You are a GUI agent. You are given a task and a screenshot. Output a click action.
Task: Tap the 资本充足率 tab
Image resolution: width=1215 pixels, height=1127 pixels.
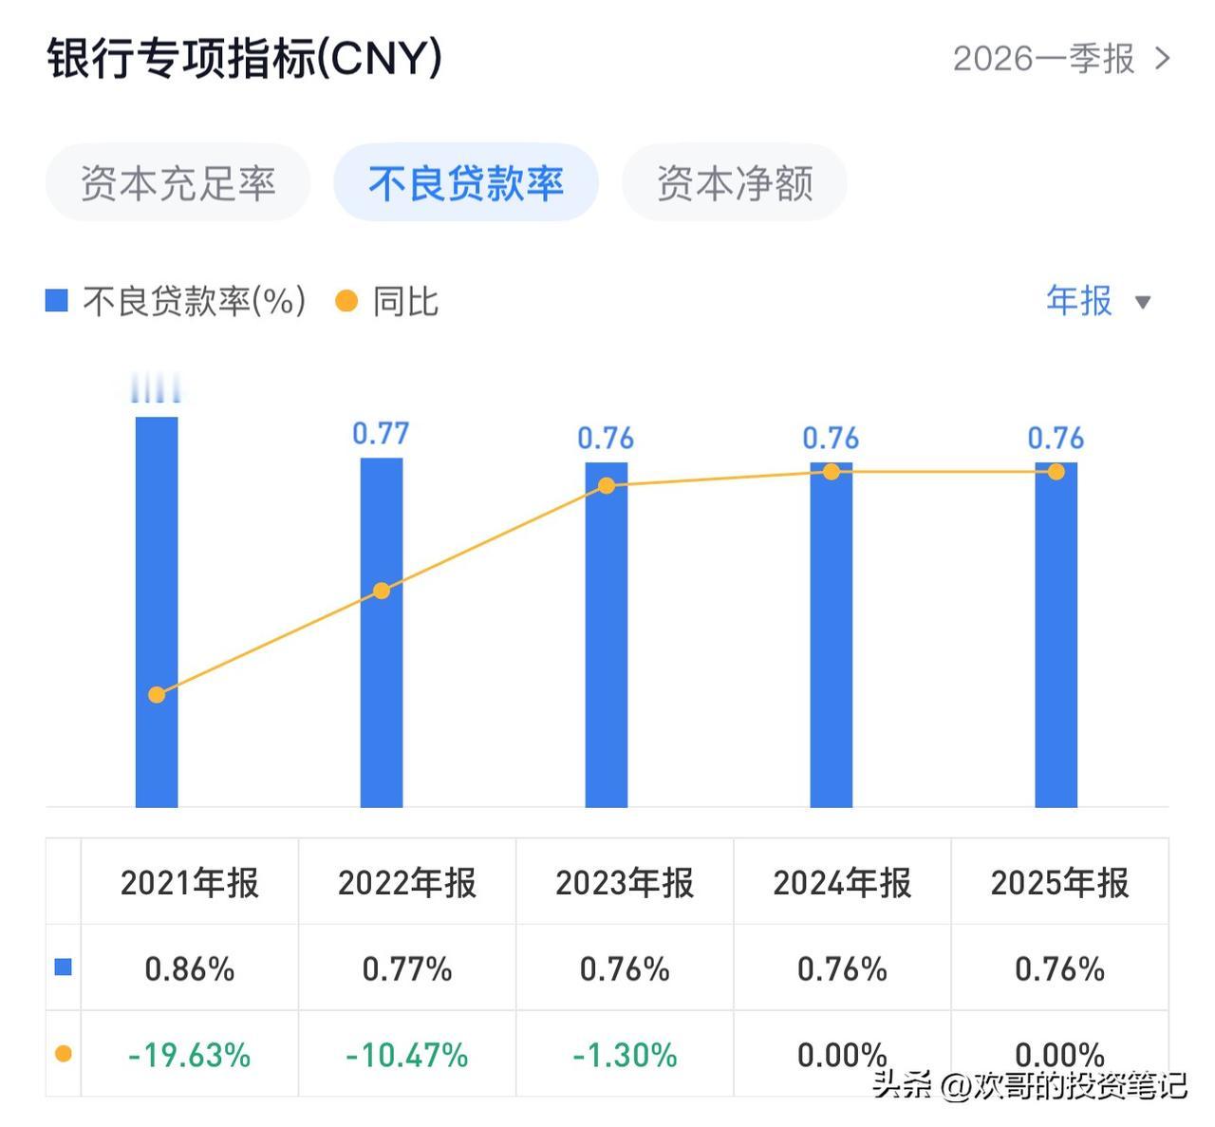(x=178, y=182)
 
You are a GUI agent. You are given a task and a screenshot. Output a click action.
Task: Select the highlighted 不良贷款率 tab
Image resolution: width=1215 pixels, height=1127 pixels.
(x=465, y=182)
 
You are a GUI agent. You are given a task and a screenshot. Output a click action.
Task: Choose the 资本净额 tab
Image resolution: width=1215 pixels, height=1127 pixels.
(x=734, y=182)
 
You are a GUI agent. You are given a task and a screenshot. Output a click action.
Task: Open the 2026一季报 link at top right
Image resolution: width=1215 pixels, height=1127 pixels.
(x=1060, y=59)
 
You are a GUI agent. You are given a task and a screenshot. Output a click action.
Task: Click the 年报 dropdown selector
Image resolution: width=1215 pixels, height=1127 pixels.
(x=1097, y=301)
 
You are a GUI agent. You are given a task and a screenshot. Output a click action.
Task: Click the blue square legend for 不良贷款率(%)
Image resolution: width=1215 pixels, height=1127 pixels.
(x=57, y=301)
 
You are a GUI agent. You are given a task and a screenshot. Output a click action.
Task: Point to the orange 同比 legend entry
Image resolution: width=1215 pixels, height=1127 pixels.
(x=387, y=301)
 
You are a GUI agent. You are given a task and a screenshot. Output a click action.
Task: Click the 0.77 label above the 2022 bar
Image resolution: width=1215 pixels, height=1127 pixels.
(x=381, y=434)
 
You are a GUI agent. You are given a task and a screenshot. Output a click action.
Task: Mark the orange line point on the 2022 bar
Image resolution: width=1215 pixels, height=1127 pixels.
(x=381, y=591)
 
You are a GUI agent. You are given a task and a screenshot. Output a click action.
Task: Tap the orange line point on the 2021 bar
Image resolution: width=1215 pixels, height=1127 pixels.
(x=157, y=695)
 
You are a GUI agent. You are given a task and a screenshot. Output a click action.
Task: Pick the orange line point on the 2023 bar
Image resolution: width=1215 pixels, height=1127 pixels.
(x=607, y=486)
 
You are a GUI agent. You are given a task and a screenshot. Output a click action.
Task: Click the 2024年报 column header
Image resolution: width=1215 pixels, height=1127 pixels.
(x=842, y=883)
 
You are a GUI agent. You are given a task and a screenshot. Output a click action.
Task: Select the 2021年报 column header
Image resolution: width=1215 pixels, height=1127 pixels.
(x=189, y=883)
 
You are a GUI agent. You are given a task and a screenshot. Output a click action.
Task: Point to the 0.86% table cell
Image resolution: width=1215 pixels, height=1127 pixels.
(x=189, y=968)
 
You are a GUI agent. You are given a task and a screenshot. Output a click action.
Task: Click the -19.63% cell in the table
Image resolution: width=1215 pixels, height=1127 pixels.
(x=189, y=1055)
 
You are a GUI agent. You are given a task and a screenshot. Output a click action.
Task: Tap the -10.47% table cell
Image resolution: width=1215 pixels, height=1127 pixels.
(x=406, y=1055)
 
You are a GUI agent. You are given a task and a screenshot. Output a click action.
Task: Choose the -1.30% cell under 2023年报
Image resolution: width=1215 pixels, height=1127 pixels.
(x=625, y=1055)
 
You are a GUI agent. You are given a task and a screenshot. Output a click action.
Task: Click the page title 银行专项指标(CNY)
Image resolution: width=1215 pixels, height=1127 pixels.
(x=244, y=59)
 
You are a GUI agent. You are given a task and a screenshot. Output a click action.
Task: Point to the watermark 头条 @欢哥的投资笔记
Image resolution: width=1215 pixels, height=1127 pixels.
(x=1029, y=1084)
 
